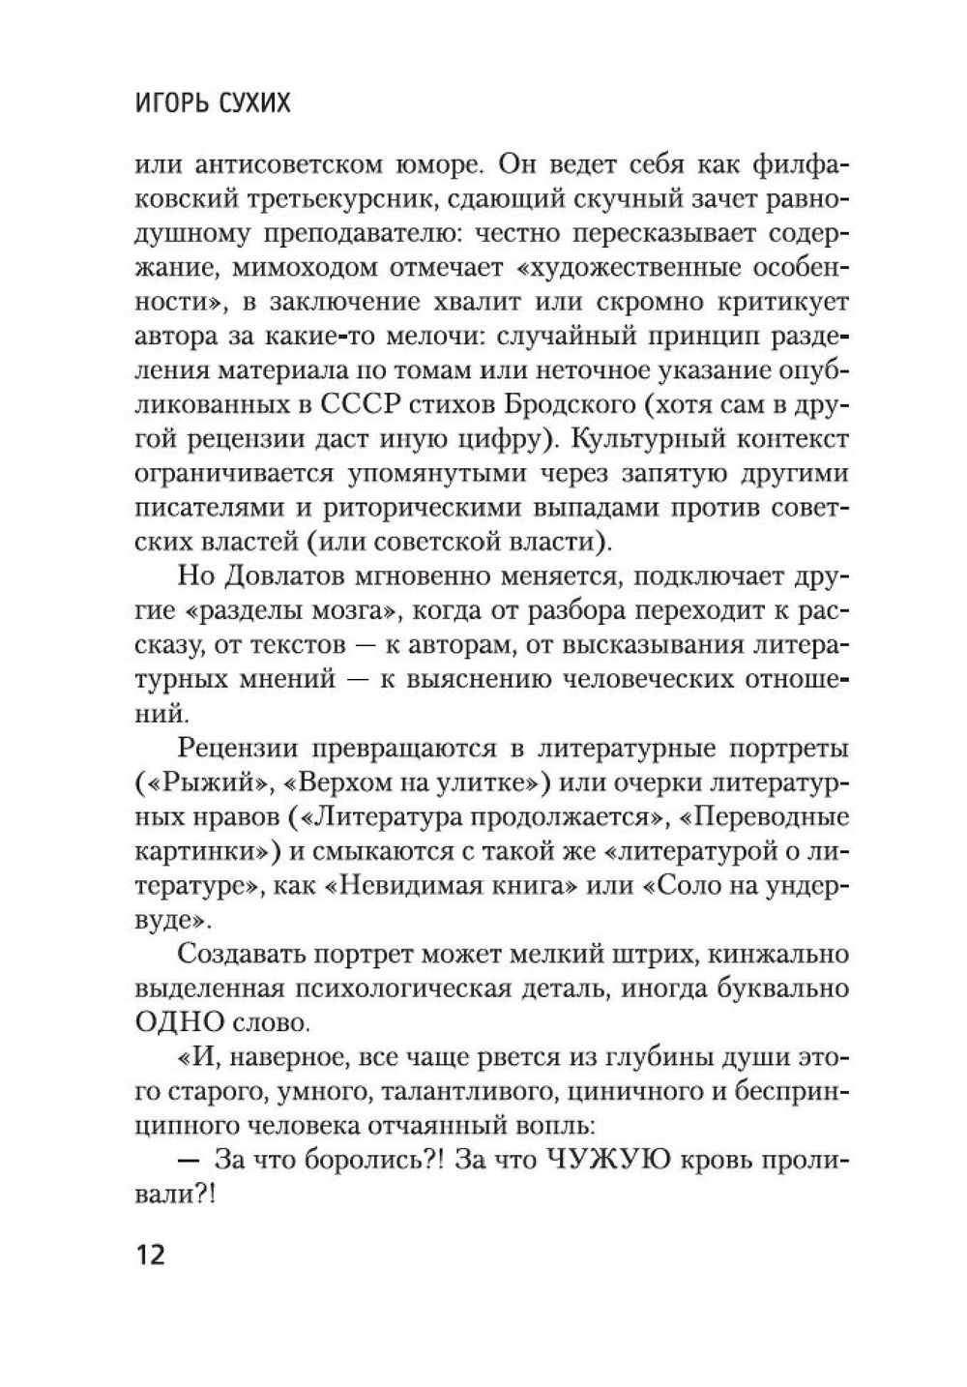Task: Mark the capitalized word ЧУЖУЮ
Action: [604, 1162]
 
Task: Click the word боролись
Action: [357, 1162]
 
